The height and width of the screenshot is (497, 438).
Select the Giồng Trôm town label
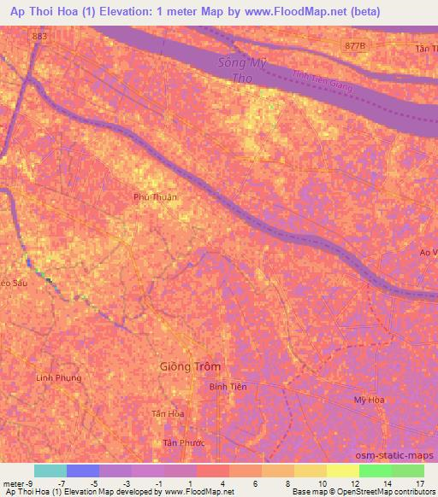[190, 366]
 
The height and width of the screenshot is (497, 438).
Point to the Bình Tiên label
[228, 387]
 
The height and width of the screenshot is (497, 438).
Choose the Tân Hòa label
[169, 413]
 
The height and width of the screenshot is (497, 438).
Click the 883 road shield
[39, 37]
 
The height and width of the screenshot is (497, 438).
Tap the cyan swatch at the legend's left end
[50, 471]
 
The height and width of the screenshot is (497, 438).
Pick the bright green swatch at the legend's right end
[408, 471]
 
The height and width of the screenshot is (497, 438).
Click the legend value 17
[420, 483]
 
